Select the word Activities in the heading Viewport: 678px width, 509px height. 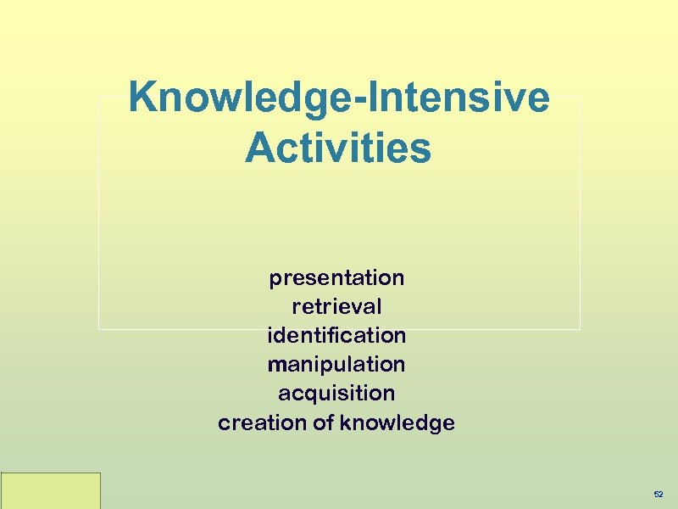click(338, 148)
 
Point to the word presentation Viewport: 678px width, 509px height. click(336, 278)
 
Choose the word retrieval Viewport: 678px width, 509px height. click(336, 306)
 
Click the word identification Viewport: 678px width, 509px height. click(336, 335)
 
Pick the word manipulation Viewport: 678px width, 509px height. click(336, 364)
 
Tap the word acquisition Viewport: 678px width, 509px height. click(336, 393)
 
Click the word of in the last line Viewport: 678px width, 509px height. click(323, 422)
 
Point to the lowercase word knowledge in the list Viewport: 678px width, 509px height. click(397, 422)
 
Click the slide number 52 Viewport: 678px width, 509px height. click(659, 493)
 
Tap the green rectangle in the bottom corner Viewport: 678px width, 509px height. click(50, 490)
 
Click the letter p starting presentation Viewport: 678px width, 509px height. click(275, 280)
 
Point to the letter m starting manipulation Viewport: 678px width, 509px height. click(275, 365)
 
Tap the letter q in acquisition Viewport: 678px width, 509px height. click(308, 394)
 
